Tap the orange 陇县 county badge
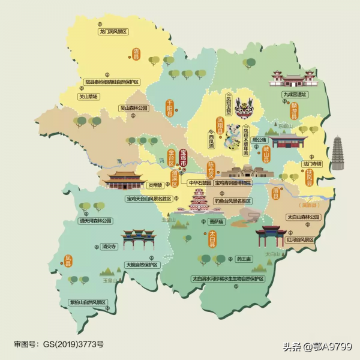click(136, 54)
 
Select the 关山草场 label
click(88, 96)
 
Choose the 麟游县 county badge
click(294, 110)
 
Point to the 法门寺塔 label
click(311, 163)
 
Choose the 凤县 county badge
click(68, 260)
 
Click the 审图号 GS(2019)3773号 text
click(58, 344)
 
